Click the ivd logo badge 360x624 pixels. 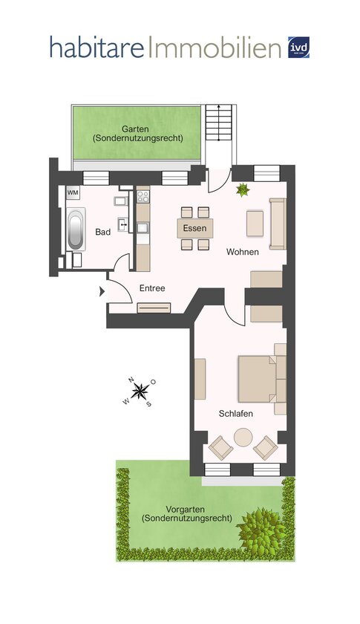tap(298, 48)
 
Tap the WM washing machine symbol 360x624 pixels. tap(73, 193)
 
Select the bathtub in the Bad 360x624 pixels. tap(76, 230)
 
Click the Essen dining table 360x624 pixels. tap(195, 229)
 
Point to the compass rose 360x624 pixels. tap(140, 391)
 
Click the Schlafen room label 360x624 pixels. tap(235, 414)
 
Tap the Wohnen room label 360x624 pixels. tap(243, 252)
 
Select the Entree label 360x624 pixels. tap(152, 288)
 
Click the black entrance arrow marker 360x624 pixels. tap(102, 292)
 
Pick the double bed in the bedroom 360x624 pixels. tap(262, 379)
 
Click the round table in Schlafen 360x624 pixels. tap(243, 438)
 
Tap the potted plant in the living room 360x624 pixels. tap(242, 190)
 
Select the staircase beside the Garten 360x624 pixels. tap(218, 123)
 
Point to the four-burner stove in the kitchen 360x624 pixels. tap(143, 196)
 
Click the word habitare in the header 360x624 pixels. tap(96, 47)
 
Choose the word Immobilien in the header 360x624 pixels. tap(215, 47)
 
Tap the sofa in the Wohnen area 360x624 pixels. tap(278, 224)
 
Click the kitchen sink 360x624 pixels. tap(143, 228)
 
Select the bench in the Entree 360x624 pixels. tap(154, 308)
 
